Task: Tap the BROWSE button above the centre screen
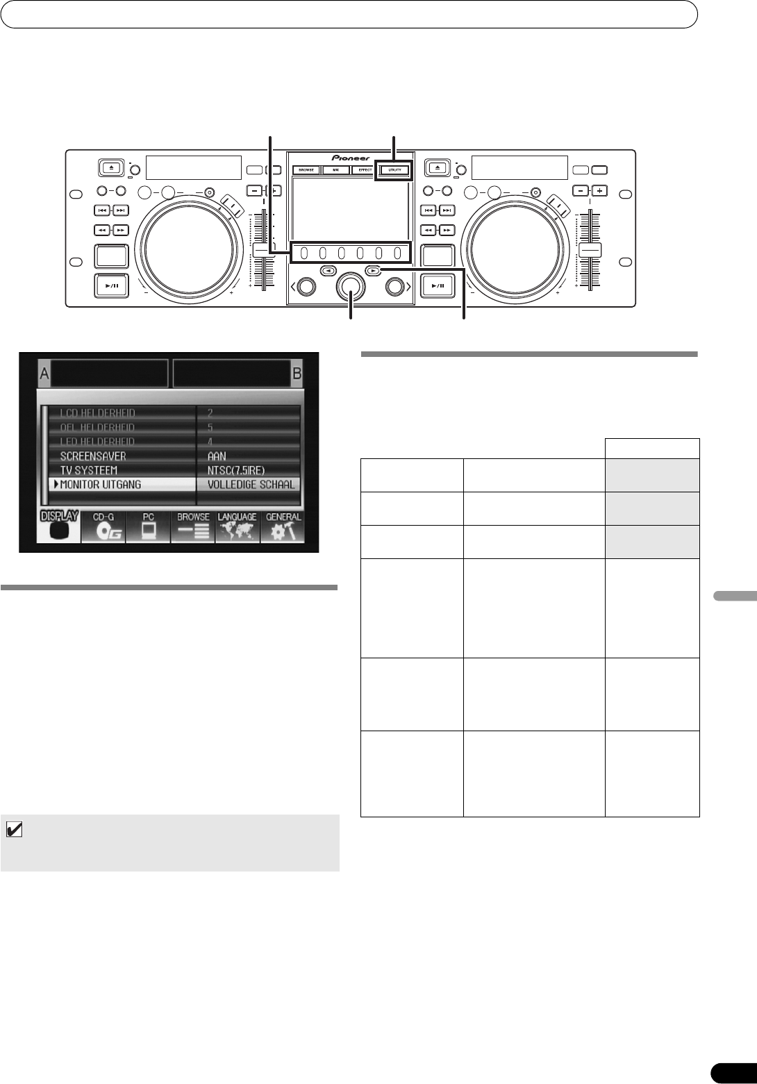coord(306,169)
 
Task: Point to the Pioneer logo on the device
coord(351,158)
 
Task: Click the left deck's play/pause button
coord(111,285)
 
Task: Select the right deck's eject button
coord(438,167)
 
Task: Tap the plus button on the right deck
coord(598,190)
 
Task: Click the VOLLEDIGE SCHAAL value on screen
coord(251,485)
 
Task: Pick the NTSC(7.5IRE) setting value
coord(236,470)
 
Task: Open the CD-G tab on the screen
coord(103,527)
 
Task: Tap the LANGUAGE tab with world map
coord(238,527)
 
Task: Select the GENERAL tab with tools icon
coord(283,527)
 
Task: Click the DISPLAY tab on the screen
coord(58,527)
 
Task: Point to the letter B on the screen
coord(297,374)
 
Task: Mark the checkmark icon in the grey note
coord(14,829)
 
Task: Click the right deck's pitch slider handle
coord(590,250)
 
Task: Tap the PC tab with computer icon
coord(148,527)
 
